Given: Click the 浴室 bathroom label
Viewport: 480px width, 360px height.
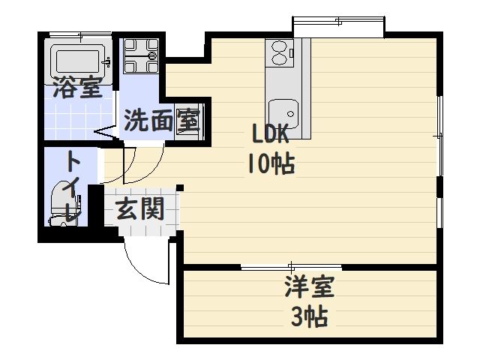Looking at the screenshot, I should [77, 88].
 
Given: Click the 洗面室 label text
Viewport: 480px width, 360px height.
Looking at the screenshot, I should [160, 121].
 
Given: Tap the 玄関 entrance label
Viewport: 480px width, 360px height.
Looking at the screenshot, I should [139, 208].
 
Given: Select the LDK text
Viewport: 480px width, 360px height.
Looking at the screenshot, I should [270, 135].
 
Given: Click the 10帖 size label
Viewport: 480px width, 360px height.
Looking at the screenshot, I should [270, 163].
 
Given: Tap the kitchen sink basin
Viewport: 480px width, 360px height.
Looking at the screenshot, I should [283, 116].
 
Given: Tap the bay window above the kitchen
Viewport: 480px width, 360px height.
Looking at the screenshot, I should [339, 28].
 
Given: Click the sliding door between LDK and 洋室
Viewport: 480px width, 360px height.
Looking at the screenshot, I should [292, 266].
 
